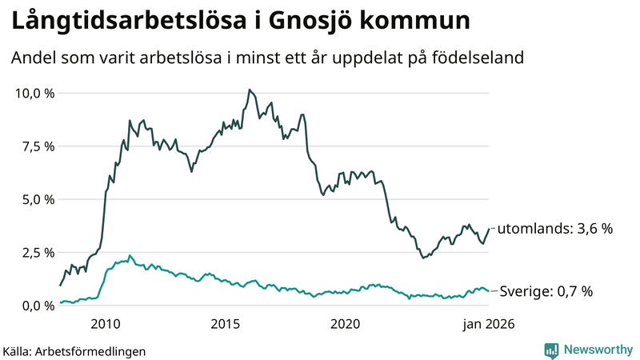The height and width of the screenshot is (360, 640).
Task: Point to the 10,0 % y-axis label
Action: tap(35, 93)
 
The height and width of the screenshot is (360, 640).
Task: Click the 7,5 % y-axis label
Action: tap(38, 146)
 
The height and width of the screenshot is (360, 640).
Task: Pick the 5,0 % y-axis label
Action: tap(38, 199)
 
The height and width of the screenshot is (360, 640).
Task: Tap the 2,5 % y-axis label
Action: tap(38, 253)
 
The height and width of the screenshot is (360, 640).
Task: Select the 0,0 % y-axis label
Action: tap(38, 306)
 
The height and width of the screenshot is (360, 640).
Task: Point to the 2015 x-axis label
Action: tap(226, 324)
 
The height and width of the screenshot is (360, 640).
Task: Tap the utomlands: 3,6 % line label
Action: tap(555, 229)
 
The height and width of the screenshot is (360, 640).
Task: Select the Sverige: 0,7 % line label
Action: tap(546, 291)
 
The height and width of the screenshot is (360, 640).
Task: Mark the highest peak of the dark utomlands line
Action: tap(250, 90)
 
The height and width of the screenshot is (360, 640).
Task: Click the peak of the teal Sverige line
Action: tap(130, 256)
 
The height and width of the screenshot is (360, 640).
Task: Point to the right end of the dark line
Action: tap(489, 230)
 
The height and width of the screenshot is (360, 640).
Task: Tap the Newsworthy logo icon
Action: tap(551, 350)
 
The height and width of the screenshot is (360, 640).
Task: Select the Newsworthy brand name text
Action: tap(598, 350)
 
